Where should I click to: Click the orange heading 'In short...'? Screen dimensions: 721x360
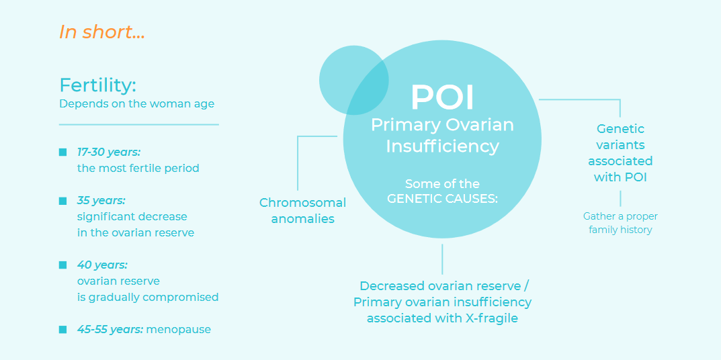[x=102, y=32]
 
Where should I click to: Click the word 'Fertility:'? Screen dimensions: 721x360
[x=98, y=85]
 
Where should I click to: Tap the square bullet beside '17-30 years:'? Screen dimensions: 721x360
[x=63, y=152]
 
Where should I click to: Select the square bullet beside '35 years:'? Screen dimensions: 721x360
[x=63, y=201]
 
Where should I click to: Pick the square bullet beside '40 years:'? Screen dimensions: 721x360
[x=63, y=265]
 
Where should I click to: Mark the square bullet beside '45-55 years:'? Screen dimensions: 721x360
[x=63, y=329]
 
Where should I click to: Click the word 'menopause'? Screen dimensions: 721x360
[x=179, y=330]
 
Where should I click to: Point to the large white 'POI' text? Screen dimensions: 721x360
[x=442, y=97]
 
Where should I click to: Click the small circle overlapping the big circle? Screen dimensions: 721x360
[x=353, y=80]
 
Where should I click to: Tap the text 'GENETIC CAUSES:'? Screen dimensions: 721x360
[x=442, y=199]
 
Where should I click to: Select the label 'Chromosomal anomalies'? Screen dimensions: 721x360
[x=302, y=211]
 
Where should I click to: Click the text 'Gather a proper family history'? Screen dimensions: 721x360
[x=620, y=223]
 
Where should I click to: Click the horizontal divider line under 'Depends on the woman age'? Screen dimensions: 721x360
[x=139, y=124]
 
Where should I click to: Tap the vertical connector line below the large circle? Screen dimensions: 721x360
[x=442, y=259]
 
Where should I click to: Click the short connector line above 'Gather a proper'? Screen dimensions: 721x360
[x=620, y=199]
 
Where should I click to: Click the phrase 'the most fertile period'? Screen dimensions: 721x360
[x=138, y=169]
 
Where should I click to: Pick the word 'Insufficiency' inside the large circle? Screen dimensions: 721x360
[x=442, y=146]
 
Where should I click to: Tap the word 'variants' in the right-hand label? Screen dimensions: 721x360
[x=620, y=145]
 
